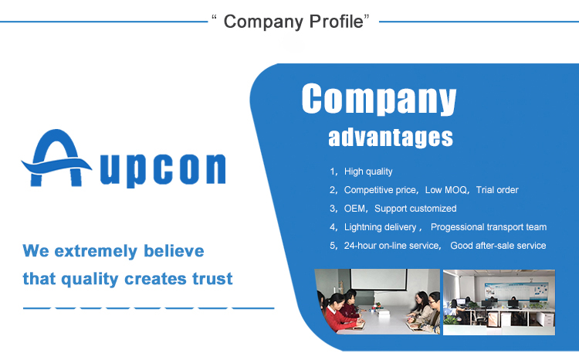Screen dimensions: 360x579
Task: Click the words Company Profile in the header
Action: [x=293, y=21]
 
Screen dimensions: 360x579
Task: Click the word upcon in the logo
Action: [x=163, y=169]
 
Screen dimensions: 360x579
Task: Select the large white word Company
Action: [x=378, y=100]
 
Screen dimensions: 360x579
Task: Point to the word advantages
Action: [x=390, y=138]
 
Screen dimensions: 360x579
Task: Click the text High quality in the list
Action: [x=368, y=172]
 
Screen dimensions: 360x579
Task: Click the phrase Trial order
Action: [x=497, y=190]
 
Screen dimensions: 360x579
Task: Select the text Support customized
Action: [x=415, y=209]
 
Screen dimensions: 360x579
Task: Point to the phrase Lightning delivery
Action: [x=381, y=227]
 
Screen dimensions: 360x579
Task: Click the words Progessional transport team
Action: [x=489, y=227]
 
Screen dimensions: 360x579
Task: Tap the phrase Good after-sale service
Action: [x=498, y=246]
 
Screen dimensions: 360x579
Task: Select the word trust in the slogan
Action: [x=210, y=278]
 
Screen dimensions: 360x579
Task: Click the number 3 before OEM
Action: [x=333, y=209]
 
